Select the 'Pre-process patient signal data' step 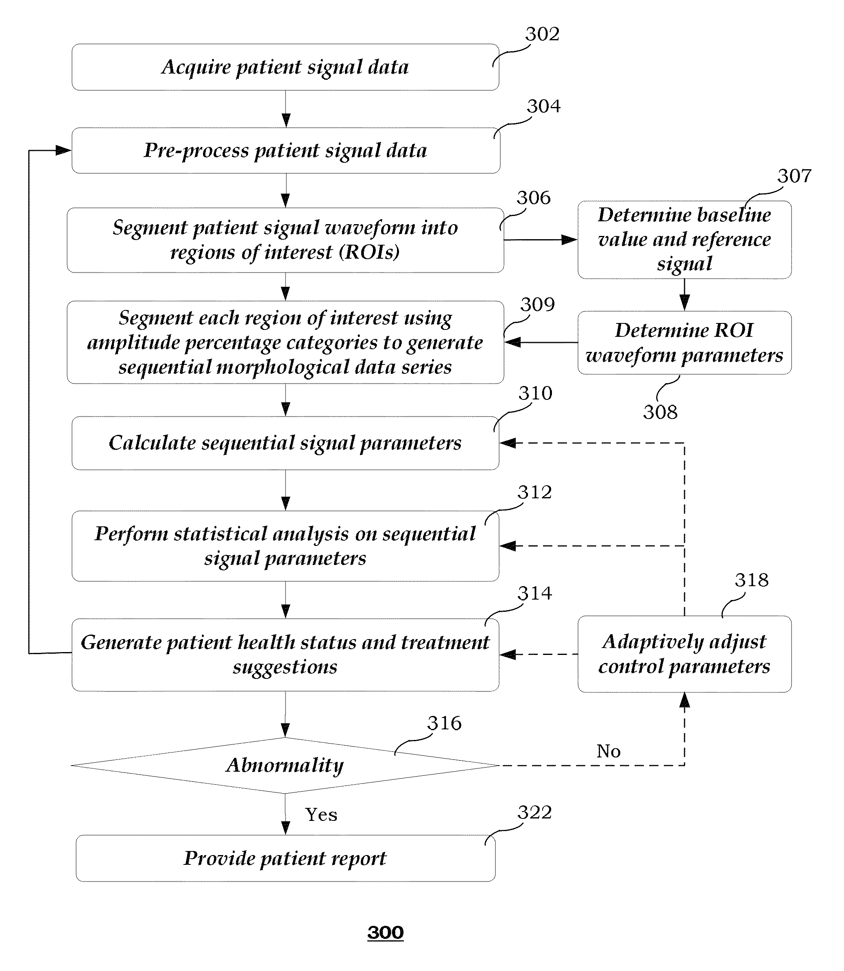[286, 151]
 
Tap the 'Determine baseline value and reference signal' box [684, 240]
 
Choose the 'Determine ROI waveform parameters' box [684, 343]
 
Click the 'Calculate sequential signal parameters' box [286, 443]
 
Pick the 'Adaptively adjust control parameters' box [684, 654]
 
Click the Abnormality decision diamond [285, 765]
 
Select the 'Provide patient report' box [286, 858]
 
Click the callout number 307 [794, 176]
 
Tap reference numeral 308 [660, 412]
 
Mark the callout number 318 [752, 580]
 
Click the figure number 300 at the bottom [385, 933]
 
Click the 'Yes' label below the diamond [321, 815]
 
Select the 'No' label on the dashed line [608, 751]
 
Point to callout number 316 [444, 723]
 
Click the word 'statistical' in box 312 [221, 534]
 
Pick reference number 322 [534, 812]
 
